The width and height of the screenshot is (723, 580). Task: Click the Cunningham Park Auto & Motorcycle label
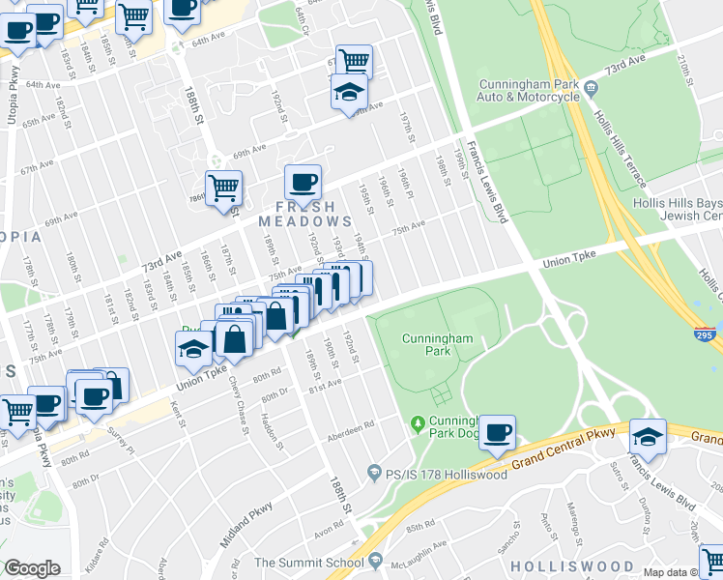click(x=528, y=91)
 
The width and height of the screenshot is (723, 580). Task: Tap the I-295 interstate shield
click(x=708, y=333)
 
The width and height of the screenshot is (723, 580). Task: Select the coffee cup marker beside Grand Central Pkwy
click(x=497, y=433)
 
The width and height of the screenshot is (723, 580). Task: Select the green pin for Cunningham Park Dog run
click(x=418, y=422)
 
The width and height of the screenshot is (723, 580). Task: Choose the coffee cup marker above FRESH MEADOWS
click(x=303, y=181)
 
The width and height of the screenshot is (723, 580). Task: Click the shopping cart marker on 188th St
click(x=223, y=187)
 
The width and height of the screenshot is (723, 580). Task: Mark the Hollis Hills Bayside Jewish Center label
click(x=677, y=210)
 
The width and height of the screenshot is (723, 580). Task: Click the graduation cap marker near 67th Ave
click(x=348, y=94)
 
